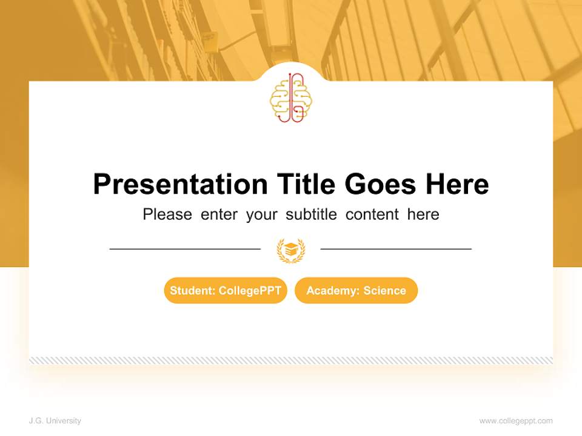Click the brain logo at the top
point(290,98)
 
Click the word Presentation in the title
point(180,184)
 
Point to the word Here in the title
point(457,184)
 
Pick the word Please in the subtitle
point(167,214)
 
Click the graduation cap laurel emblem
point(290,249)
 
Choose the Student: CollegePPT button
point(226,291)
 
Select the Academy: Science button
point(356,291)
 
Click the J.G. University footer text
point(55,421)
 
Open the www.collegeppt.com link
point(516,421)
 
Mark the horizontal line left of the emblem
point(185,249)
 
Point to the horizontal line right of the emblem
point(396,249)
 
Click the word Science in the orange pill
point(384,291)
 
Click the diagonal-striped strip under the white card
point(291,360)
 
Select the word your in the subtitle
point(261,214)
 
